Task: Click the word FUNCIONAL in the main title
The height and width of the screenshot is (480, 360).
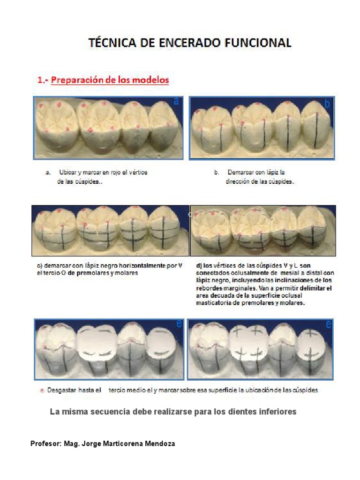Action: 258,43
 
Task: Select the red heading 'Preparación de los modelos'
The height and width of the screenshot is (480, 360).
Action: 110,80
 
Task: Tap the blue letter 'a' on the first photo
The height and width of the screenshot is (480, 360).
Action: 176,101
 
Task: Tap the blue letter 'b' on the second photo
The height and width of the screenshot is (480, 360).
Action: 327,104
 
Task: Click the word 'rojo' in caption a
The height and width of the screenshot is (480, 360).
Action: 116,172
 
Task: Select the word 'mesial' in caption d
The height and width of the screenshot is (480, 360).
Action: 289,273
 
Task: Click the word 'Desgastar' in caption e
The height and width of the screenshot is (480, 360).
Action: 62,390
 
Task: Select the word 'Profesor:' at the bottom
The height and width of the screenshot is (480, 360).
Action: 46,443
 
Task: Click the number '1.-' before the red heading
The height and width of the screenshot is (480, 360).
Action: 43,80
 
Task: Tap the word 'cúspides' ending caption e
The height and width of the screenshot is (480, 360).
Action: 305,390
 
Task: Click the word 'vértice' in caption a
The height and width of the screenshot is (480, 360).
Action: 138,172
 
